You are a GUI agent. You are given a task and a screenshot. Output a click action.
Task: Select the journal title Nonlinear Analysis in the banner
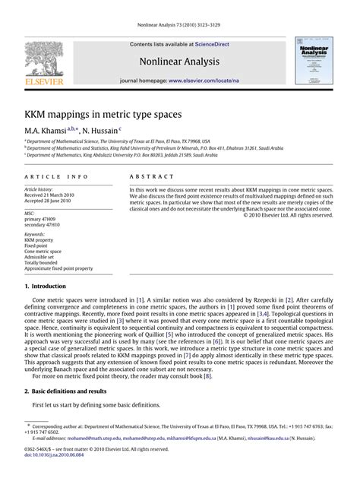[x=179, y=63]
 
